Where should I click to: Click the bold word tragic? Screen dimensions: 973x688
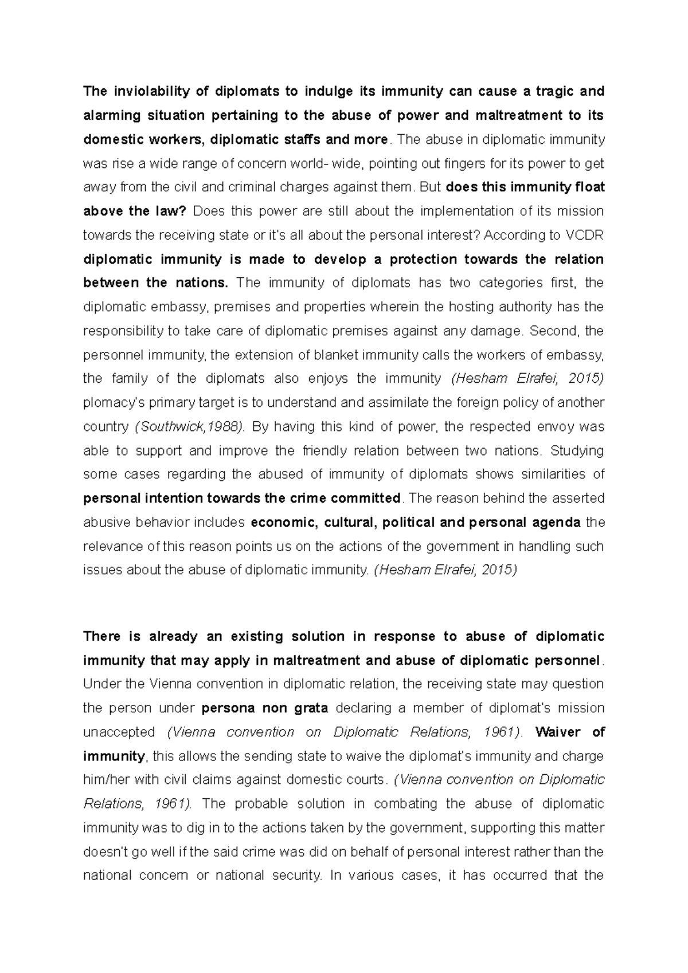(x=550, y=91)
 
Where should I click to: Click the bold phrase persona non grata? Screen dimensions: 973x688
(x=265, y=708)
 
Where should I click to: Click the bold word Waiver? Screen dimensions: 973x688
(x=558, y=732)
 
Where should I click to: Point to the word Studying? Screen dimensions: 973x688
(x=577, y=450)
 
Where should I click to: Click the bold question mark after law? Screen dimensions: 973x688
(x=183, y=211)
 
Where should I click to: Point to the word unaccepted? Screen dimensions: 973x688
(x=119, y=732)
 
